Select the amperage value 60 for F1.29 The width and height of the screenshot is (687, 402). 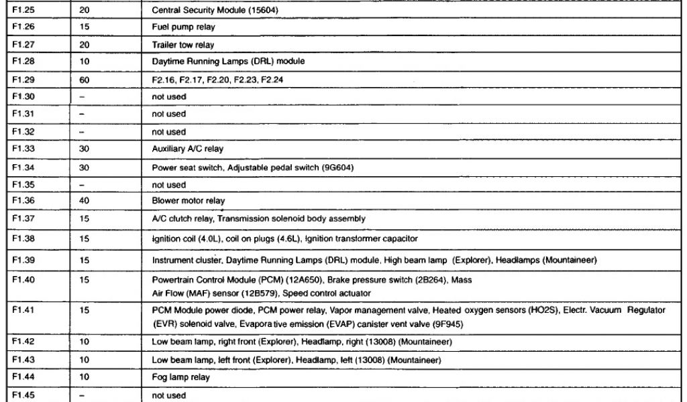(84, 80)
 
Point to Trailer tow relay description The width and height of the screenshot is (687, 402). (183, 46)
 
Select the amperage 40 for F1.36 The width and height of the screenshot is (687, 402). (84, 201)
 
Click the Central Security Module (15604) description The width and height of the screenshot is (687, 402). (215, 11)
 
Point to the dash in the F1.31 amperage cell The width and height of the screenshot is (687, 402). (82, 115)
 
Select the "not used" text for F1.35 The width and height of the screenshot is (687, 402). (168, 184)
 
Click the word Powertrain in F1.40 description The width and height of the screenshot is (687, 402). (171, 280)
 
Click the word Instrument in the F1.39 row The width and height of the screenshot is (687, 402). (170, 260)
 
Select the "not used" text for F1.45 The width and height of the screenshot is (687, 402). (168, 395)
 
